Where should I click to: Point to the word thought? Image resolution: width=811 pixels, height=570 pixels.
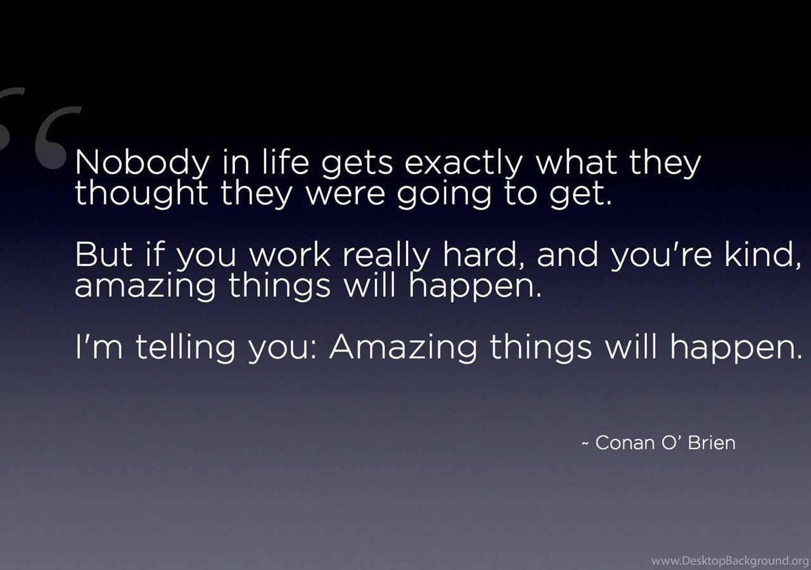point(141,194)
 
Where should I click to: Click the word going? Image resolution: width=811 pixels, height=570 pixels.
point(444,196)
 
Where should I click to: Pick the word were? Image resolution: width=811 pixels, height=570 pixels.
point(345,194)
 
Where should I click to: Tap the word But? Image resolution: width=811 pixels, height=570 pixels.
point(104,255)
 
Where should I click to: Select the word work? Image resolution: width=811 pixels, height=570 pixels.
point(290,254)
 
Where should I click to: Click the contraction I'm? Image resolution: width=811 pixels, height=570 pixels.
point(99,346)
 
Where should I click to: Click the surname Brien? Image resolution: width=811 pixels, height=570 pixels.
point(712,442)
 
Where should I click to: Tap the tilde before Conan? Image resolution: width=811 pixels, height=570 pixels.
point(585,443)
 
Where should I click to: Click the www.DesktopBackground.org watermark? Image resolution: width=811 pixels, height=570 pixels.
point(731,560)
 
